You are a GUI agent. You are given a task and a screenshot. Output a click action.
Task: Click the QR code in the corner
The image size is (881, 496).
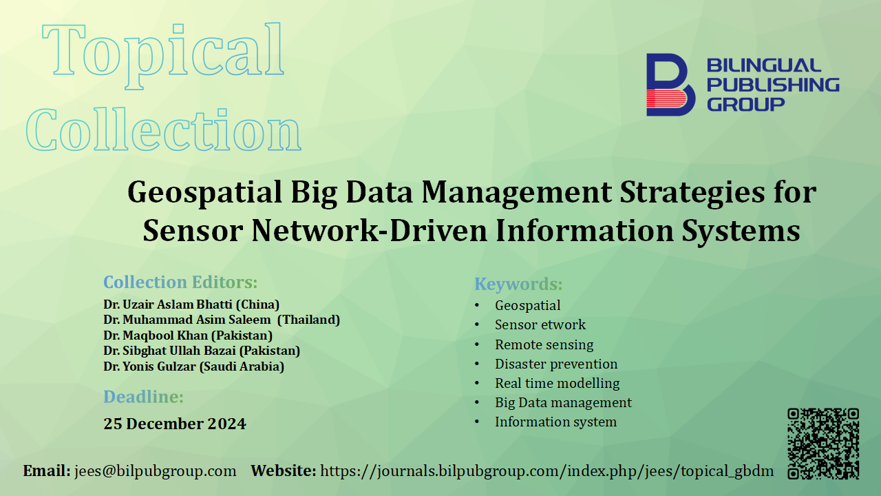822,444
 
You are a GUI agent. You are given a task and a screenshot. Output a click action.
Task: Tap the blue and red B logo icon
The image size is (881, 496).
670,85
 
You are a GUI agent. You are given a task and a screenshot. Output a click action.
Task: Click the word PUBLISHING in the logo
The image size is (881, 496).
773,85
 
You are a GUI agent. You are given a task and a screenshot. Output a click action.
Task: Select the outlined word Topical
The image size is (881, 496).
162,55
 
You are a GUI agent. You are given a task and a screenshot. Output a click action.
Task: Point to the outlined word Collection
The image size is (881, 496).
164,129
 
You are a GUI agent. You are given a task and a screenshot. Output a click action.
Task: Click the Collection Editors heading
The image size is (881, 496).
180,282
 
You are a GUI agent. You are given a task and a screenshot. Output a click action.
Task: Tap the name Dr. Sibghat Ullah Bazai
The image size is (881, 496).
169,351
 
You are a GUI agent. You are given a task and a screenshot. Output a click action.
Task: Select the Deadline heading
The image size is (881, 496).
144,396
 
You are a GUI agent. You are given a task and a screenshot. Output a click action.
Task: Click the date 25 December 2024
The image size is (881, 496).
175,424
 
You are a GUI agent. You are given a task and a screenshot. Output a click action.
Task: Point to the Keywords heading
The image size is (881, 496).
518,284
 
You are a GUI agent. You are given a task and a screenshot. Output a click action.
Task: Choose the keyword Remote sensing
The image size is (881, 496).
544,344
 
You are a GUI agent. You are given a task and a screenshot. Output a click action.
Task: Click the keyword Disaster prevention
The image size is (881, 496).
556,364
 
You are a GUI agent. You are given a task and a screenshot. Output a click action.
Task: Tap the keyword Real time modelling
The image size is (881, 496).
558,384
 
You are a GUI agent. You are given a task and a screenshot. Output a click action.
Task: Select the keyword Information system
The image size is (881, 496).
555,422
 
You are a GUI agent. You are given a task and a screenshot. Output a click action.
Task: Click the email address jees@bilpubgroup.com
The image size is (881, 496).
155,471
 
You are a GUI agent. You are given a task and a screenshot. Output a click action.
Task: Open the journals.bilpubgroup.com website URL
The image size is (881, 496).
546,471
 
